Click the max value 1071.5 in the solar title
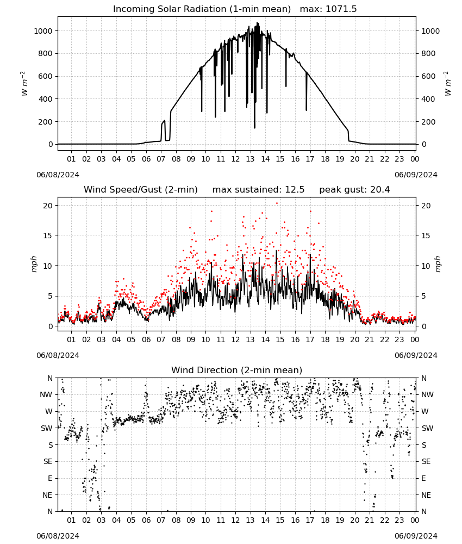click(341, 9)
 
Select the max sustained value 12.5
click(295, 190)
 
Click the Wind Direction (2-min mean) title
click(237, 370)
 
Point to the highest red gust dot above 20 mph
click(277, 203)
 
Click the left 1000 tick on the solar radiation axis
click(43, 31)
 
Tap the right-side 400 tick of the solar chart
click(428, 99)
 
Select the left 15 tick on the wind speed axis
click(48, 236)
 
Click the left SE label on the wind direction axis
click(48, 461)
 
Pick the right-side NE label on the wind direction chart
click(426, 495)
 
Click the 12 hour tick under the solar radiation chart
click(236, 159)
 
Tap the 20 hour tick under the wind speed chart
click(355, 339)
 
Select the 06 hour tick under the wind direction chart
click(146, 520)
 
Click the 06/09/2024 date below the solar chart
click(416, 175)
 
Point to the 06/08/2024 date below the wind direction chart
click(58, 536)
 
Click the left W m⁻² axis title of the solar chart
click(23, 84)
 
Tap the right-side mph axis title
click(438, 264)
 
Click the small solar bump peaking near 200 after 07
click(163, 122)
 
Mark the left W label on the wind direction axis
click(49, 411)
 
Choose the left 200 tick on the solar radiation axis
click(46, 122)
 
